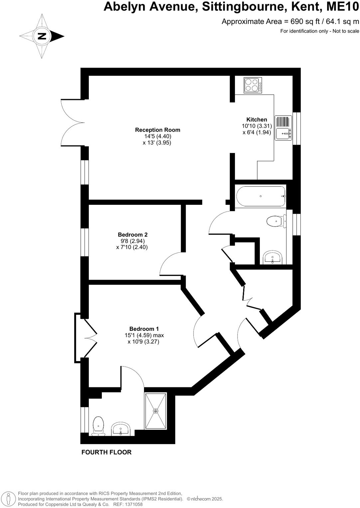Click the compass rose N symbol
click(x=42, y=36)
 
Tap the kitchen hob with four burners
click(x=253, y=85)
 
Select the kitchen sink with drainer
click(x=283, y=128)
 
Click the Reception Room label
click(x=157, y=130)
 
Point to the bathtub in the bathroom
click(x=261, y=196)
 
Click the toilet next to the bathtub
click(x=276, y=221)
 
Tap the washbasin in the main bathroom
click(x=272, y=258)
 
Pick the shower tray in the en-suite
click(x=155, y=411)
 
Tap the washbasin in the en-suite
click(x=120, y=429)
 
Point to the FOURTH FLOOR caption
click(x=106, y=452)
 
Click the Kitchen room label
click(x=257, y=120)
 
